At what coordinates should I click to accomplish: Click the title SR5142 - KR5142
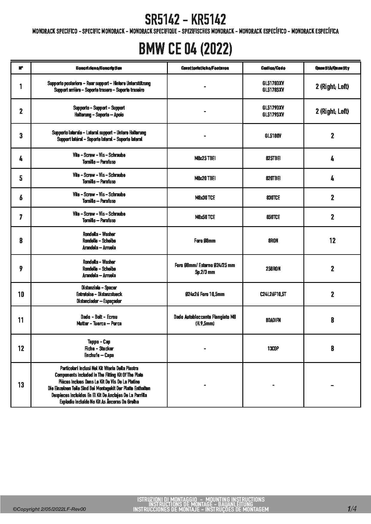(185, 20)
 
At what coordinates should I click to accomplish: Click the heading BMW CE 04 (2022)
(185, 49)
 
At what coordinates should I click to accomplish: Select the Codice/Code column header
(273, 68)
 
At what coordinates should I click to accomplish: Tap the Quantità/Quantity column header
(332, 68)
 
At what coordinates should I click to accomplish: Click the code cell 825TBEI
(273, 158)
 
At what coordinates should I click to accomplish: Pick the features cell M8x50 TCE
(205, 217)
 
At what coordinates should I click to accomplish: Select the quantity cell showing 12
(332, 241)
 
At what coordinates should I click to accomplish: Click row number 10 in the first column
(21, 295)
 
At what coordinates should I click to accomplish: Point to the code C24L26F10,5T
(273, 294)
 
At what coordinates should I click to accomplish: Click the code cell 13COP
(273, 349)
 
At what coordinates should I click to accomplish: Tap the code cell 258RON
(273, 269)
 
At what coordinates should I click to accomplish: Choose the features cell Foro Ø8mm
(205, 241)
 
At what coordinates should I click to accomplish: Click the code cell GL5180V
(273, 136)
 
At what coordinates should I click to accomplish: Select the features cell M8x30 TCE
(205, 198)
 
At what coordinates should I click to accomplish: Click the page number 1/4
(352, 508)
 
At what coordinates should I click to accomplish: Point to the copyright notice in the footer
(49, 509)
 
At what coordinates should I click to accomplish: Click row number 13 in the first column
(21, 385)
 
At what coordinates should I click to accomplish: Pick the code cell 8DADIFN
(273, 320)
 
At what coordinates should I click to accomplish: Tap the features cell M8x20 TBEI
(205, 178)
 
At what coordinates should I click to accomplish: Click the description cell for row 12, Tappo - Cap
(99, 348)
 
